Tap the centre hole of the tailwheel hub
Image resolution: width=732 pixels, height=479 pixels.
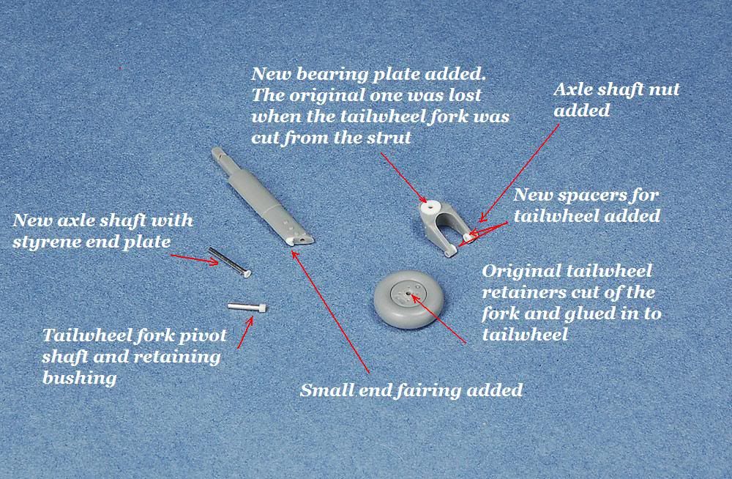tap(408, 294)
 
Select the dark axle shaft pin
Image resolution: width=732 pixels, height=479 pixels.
tap(229, 262)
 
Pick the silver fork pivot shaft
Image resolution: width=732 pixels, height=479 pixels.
tap(247, 307)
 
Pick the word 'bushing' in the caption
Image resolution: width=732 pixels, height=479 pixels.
tap(79, 378)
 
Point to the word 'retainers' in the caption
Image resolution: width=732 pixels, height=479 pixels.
tap(528, 292)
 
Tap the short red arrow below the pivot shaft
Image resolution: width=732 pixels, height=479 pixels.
tap(245, 332)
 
